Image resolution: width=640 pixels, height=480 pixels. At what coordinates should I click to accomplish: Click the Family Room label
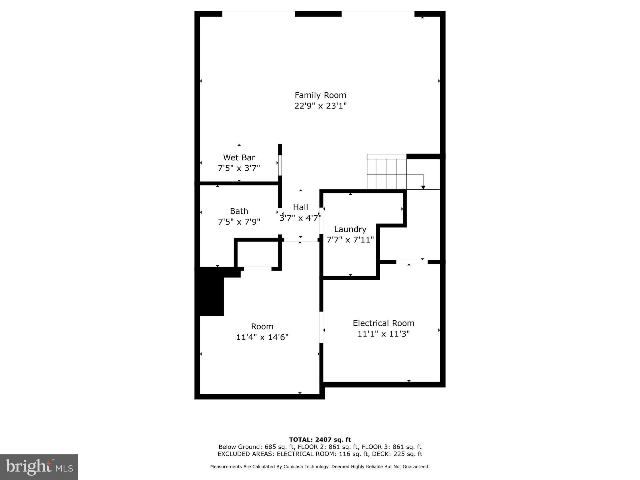point(320,95)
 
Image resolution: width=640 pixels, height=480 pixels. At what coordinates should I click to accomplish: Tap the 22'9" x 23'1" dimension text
point(320,106)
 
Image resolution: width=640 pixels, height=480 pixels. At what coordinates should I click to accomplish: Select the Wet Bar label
point(239,157)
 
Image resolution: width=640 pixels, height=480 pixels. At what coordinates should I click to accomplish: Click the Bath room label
point(239,211)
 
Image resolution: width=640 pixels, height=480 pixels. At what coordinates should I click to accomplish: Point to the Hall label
point(300,207)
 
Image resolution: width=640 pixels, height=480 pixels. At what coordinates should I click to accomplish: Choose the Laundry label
point(350,229)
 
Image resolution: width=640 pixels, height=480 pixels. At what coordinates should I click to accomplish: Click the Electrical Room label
point(383,323)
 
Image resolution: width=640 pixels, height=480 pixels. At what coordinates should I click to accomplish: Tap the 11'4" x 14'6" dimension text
point(262,337)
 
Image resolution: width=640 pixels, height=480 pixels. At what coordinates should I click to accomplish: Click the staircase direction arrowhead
point(423,187)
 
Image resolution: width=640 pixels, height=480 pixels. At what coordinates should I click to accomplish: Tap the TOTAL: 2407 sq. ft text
point(320,440)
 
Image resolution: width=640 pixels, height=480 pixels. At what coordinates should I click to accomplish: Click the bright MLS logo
point(39,467)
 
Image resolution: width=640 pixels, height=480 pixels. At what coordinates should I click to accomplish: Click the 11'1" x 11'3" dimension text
point(383,334)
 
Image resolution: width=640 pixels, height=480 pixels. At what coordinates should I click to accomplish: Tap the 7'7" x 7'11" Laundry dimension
point(350,240)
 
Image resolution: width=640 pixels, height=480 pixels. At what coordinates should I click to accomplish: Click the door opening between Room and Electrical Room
point(321,327)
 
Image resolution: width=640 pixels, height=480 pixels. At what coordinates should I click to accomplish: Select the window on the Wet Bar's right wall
point(280,165)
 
